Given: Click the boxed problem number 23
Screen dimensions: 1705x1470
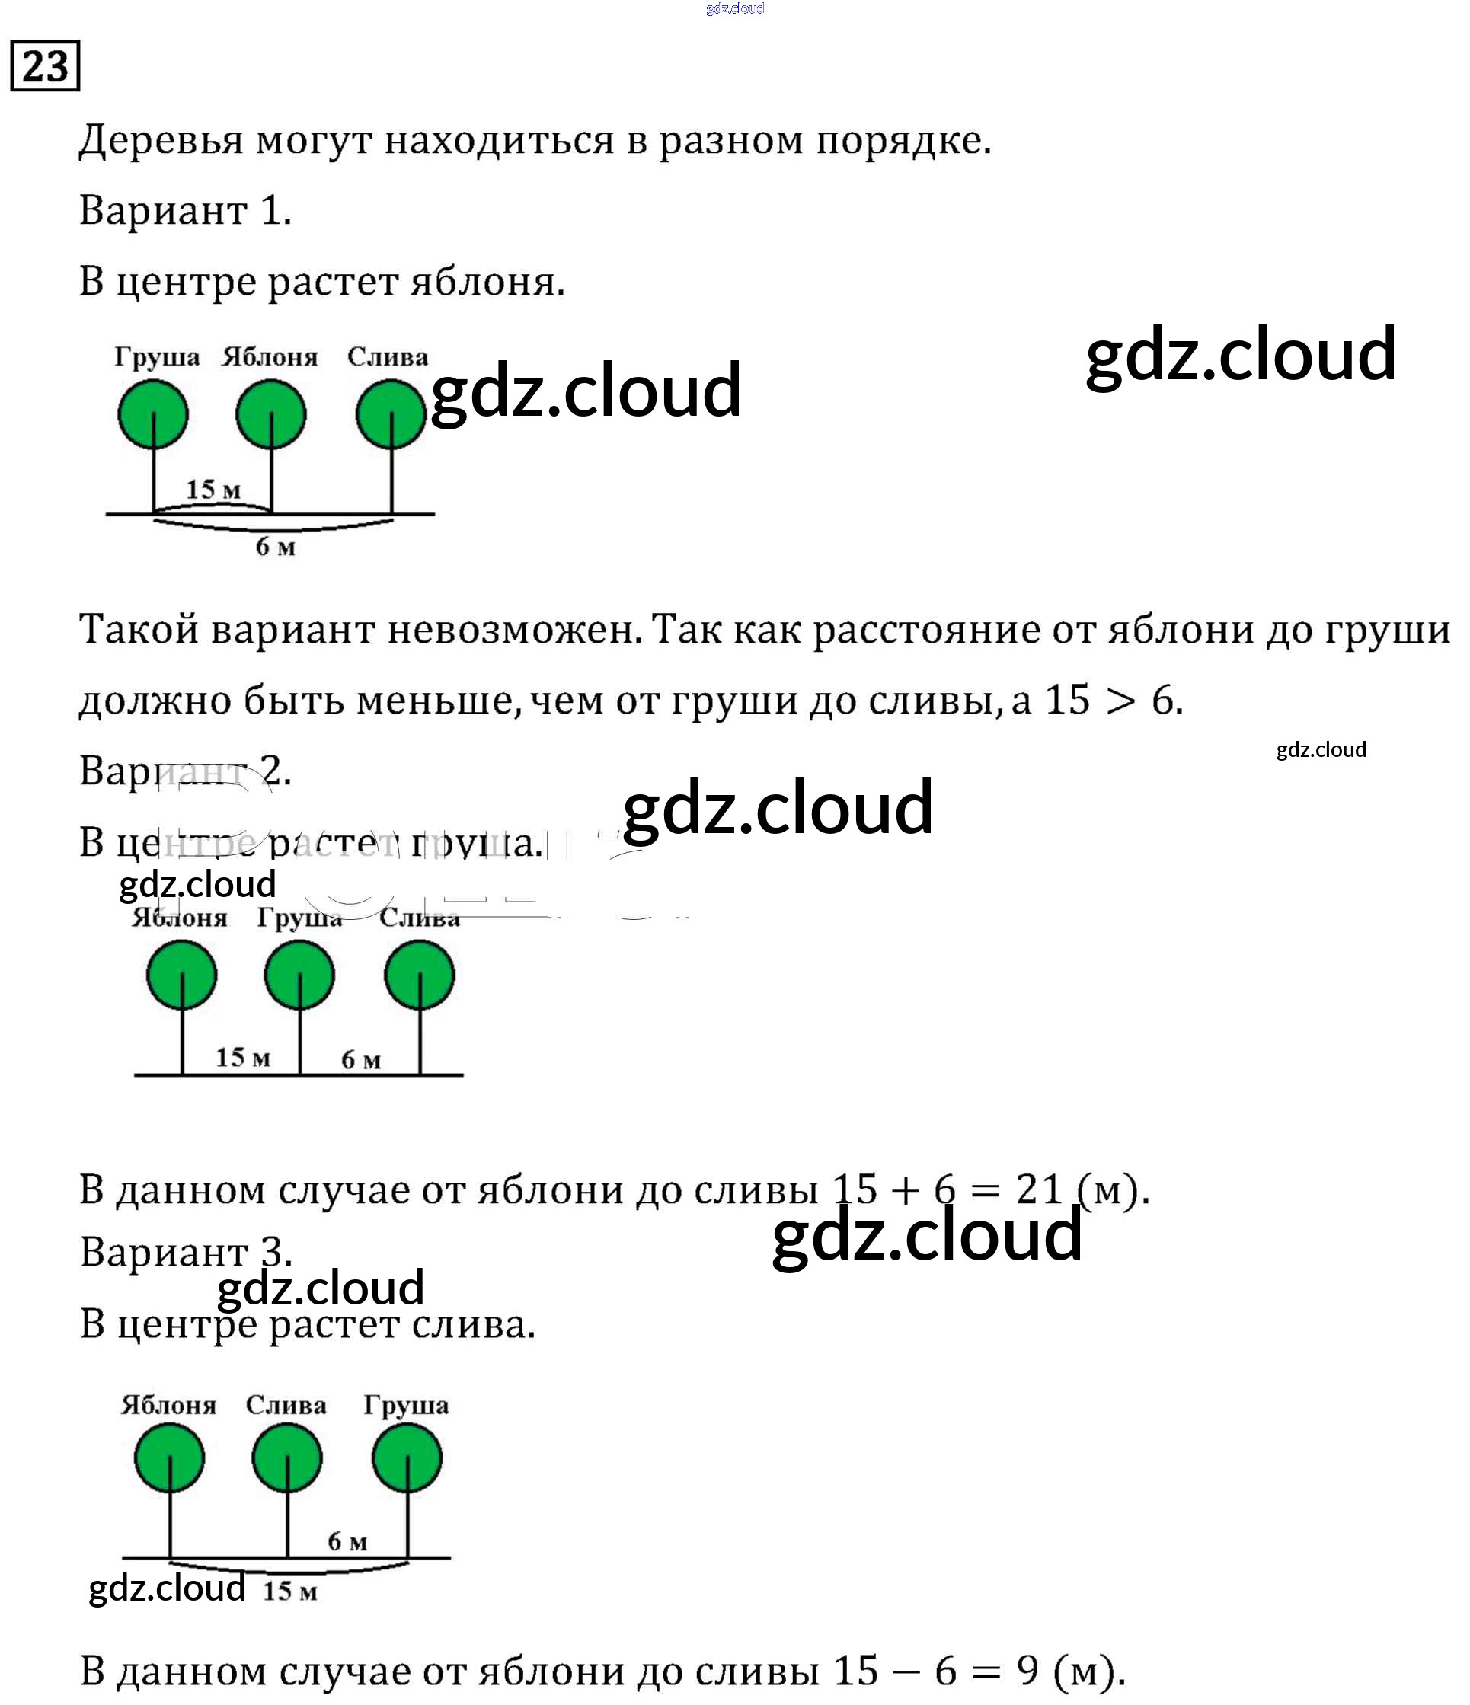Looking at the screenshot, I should [45, 65].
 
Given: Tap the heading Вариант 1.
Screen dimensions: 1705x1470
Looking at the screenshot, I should [185, 211].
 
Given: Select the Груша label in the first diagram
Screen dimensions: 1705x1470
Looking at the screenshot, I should [156, 357].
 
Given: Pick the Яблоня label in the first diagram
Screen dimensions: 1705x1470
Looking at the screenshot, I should [270, 357].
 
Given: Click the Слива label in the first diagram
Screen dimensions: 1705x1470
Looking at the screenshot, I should [387, 357].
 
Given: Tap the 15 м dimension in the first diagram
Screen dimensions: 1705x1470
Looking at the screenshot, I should [213, 490].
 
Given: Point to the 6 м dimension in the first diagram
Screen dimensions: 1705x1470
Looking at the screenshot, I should [275, 547].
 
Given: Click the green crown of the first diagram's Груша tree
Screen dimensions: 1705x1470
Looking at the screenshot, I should [153, 414].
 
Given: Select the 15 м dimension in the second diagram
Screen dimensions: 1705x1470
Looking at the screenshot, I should [243, 1058].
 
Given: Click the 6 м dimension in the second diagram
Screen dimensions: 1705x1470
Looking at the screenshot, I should [360, 1060].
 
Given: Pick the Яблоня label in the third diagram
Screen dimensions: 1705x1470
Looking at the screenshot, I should [169, 1405].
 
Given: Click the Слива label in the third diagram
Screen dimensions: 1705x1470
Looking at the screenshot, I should [286, 1405].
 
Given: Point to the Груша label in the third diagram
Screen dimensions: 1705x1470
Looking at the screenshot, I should [406, 1405].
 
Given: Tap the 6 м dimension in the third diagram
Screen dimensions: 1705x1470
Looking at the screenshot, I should [347, 1541].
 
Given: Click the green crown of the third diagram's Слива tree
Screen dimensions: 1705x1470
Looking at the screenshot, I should [287, 1458].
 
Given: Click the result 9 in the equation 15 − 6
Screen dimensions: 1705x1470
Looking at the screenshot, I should [1028, 1670].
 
